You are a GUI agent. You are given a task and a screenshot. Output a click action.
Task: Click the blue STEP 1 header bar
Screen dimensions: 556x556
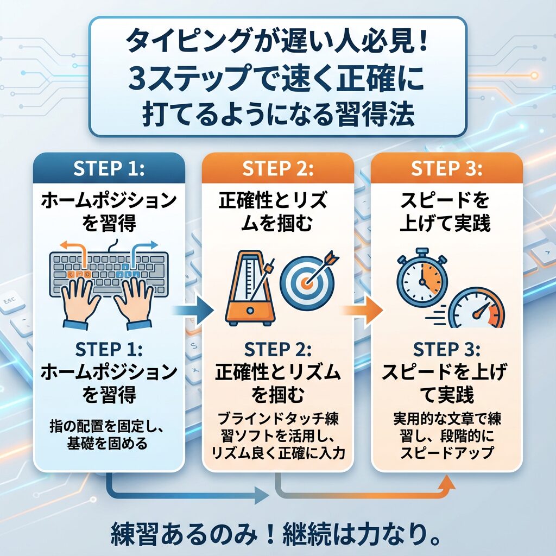click(x=109, y=169)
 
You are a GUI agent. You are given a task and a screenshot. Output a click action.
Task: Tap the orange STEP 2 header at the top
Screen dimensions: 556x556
click(x=277, y=169)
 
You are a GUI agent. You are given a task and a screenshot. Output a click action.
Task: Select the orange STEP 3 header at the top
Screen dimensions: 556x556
click(x=446, y=169)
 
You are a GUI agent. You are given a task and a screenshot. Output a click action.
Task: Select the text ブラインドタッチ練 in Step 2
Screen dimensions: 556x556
click(x=277, y=420)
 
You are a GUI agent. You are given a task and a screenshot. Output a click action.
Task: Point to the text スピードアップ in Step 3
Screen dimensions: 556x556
click(x=446, y=452)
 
